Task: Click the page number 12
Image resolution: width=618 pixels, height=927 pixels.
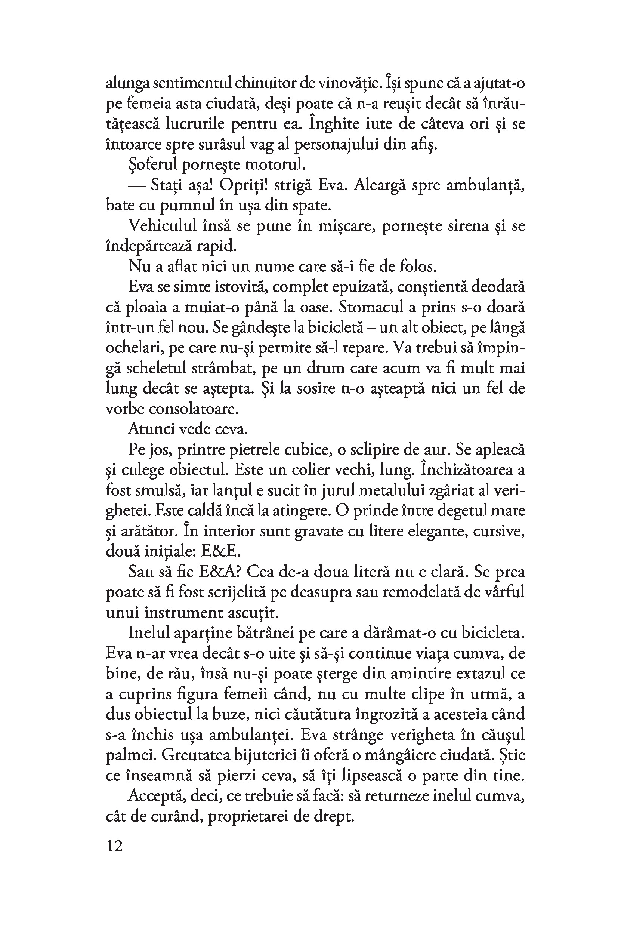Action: point(114,846)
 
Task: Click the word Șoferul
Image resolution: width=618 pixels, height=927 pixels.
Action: point(151,165)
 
